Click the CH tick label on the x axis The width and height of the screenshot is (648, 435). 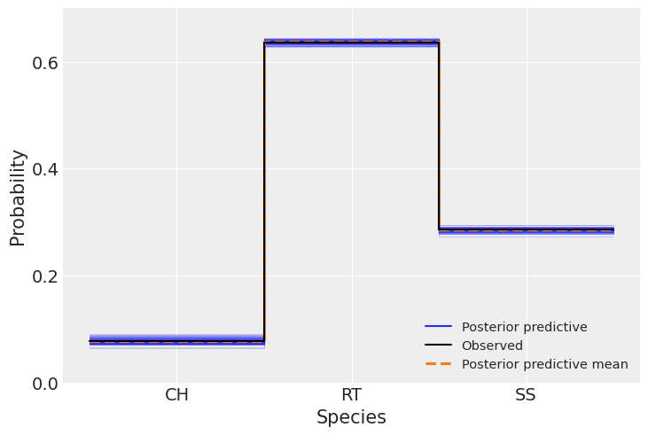click(176, 395)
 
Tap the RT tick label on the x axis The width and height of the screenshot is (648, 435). click(351, 395)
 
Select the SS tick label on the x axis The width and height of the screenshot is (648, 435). click(526, 395)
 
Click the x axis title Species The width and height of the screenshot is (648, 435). click(351, 418)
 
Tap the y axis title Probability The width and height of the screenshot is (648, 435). click(18, 197)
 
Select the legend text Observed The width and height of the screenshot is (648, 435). click(492, 346)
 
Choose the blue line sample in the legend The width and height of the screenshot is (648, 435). click(439, 327)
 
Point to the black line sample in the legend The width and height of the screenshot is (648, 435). click(439, 346)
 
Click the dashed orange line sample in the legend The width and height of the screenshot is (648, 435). click(439, 364)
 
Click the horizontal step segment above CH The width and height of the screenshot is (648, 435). click(176, 341)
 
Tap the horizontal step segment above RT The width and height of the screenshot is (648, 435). click(351, 42)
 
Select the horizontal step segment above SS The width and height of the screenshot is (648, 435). click(526, 230)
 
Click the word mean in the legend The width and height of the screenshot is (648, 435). click(612, 364)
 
